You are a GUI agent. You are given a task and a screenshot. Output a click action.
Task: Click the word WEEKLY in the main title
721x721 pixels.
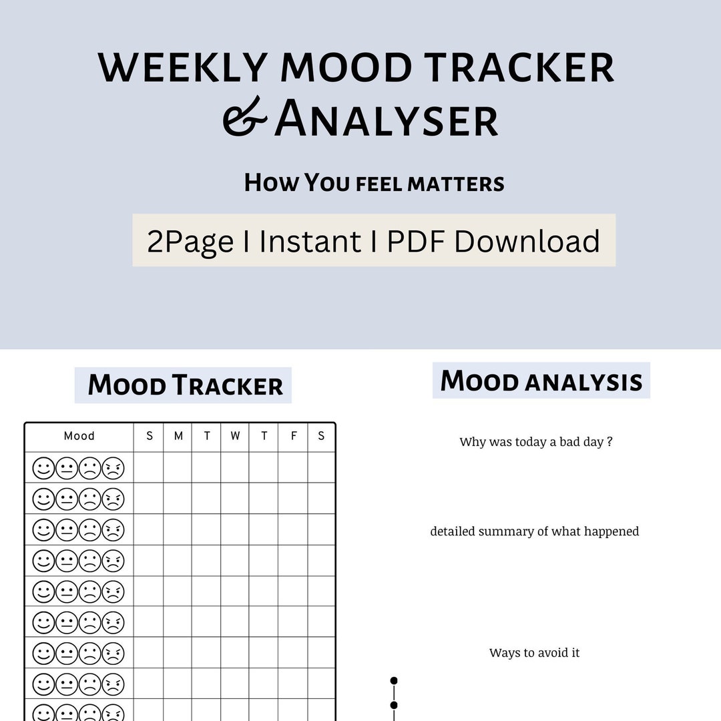click(182, 68)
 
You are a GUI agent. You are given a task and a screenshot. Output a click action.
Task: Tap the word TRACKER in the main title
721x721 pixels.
click(519, 68)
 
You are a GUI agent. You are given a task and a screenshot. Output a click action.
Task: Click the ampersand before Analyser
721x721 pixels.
click(244, 117)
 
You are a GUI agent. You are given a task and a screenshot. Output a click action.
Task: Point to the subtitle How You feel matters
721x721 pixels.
click(374, 183)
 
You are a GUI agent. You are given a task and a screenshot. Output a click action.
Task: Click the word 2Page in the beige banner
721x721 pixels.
click(190, 241)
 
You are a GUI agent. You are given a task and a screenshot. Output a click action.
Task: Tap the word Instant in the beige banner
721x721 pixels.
click(310, 241)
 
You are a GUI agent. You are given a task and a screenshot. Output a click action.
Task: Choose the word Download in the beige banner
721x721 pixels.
click(527, 241)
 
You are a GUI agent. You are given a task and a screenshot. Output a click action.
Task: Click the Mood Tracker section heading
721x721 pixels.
click(185, 386)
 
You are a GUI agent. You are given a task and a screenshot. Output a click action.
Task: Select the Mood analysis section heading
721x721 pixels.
click(541, 381)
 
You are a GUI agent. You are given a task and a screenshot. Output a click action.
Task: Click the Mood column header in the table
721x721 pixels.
click(79, 436)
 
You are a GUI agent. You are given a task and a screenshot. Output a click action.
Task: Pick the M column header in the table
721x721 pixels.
click(178, 436)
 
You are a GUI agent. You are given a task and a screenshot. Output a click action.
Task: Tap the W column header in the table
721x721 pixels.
click(235, 436)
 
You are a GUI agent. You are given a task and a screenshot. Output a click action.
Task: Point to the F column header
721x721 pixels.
click(293, 436)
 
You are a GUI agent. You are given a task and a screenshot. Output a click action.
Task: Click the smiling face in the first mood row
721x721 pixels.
click(43, 468)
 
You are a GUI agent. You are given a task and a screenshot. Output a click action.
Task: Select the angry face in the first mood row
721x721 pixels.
click(113, 468)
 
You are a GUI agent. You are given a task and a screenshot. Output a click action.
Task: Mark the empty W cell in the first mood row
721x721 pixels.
click(235, 467)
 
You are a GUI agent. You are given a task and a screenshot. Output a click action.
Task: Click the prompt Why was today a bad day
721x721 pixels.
click(536, 442)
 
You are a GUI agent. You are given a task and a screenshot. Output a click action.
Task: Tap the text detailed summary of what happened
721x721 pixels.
click(535, 531)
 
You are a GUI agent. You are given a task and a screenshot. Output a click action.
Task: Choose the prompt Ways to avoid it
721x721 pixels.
click(534, 653)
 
